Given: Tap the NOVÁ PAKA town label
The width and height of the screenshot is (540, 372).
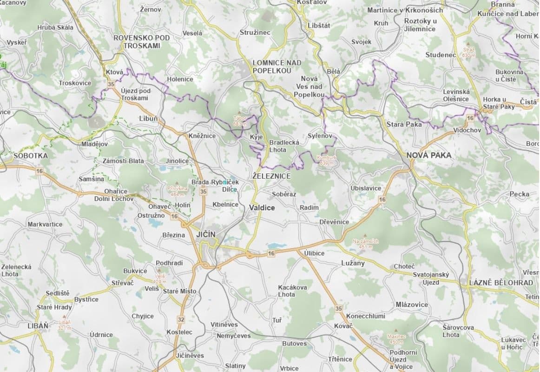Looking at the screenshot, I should pos(428,155).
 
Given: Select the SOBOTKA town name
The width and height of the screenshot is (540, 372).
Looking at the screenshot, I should pos(31,156).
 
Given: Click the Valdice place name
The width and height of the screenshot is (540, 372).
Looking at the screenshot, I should pos(262,208).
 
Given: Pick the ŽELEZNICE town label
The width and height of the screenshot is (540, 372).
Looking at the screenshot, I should pos(271,176).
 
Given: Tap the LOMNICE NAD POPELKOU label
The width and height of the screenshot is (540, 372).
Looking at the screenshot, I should pos(277,66).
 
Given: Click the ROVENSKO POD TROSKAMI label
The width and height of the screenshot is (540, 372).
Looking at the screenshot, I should pos(142,41).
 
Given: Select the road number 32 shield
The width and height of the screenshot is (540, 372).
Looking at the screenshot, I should pos(180,319).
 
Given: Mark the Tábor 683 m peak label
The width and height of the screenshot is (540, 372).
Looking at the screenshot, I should pos(240,121).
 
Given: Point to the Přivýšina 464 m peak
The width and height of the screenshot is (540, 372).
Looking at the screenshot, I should pos(177,191).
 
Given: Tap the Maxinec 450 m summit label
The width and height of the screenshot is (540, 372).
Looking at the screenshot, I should pos(395,339).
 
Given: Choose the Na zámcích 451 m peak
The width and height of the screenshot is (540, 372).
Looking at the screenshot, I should pos(365,244).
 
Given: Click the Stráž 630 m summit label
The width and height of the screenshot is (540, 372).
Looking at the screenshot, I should pos(469,52).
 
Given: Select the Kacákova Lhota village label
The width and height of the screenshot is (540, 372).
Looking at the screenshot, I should pos(292,291).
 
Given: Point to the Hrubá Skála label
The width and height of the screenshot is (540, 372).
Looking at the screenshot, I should pos(55,27).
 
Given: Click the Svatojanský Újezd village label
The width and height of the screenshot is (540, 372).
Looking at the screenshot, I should pos(431,279).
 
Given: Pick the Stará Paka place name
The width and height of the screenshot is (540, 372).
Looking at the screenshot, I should pos(404,124).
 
